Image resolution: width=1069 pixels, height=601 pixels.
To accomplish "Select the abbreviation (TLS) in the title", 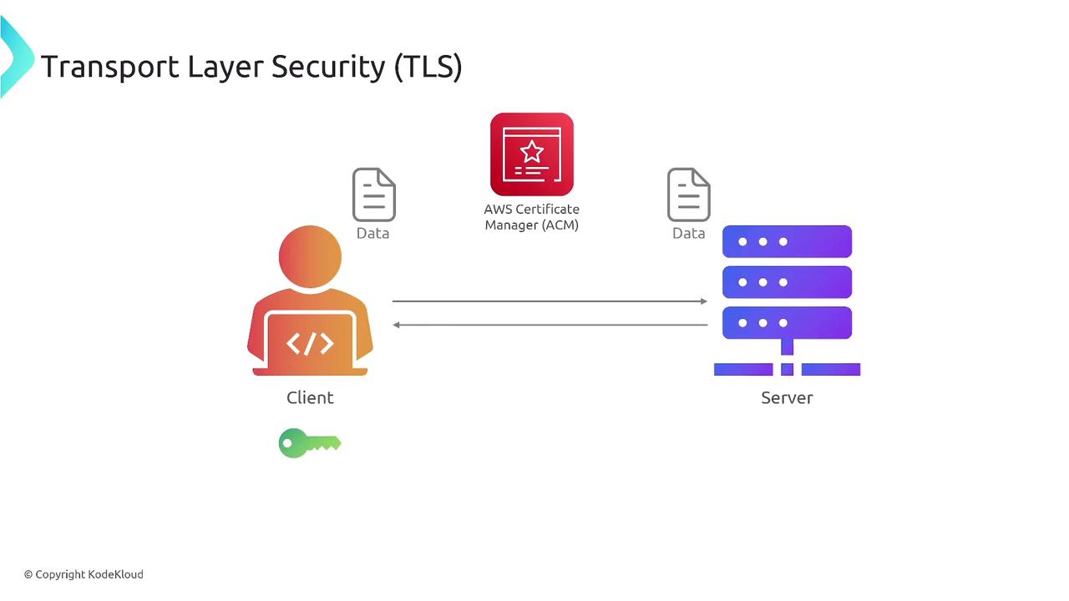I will (x=428, y=67).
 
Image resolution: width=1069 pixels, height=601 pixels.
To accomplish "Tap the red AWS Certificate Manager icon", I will (x=532, y=154).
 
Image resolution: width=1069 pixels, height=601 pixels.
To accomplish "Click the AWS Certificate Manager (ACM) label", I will (x=531, y=217).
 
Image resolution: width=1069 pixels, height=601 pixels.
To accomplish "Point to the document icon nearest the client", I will (x=373, y=194).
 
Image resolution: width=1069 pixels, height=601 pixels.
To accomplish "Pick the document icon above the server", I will (x=688, y=194).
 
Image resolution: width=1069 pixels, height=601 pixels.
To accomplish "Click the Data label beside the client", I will (x=372, y=234).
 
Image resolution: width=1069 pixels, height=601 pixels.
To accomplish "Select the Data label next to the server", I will (x=688, y=234).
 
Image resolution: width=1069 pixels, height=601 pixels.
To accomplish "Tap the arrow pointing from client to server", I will (x=550, y=300).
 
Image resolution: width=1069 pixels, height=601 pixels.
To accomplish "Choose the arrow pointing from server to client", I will (x=550, y=325).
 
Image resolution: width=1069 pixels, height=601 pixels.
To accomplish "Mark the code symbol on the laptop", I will (x=310, y=343).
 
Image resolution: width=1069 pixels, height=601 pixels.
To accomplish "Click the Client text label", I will (x=310, y=398).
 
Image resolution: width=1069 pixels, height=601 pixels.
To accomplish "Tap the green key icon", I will (x=309, y=443).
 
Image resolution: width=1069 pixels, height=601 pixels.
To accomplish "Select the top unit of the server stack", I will (x=787, y=242).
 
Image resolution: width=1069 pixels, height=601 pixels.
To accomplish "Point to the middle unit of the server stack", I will (x=787, y=282).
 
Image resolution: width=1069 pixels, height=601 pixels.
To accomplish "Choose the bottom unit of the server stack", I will (x=787, y=323).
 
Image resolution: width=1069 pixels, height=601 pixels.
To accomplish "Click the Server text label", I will (x=787, y=398).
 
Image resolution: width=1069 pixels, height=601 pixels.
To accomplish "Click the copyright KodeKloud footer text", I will (x=84, y=574).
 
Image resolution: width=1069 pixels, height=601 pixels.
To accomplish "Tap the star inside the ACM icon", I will (x=531, y=152).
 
